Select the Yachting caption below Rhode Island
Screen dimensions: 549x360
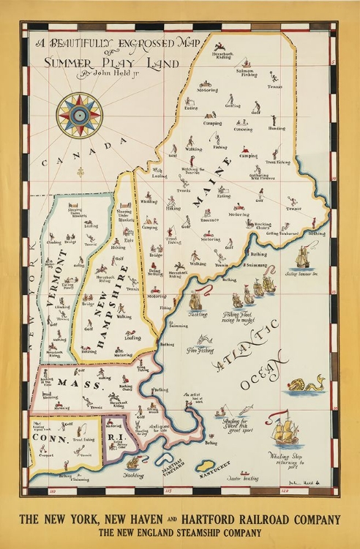134,474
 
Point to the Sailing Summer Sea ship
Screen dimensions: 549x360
302,258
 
